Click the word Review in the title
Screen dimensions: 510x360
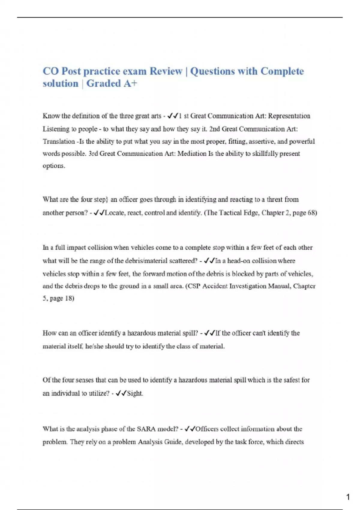pyautogui.click(x=166, y=71)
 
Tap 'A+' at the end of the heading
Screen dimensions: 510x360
pyautogui.click(x=130, y=83)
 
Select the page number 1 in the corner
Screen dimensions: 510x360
pyautogui.click(x=348, y=497)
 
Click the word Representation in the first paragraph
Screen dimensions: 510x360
pyautogui.click(x=289, y=116)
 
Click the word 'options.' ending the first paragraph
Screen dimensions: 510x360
pyautogui.click(x=54, y=166)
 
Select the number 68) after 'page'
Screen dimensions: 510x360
pyautogui.click(x=312, y=213)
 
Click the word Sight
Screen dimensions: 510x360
pyautogui.click(x=135, y=393)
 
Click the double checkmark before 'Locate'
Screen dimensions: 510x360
pyautogui.click(x=99, y=213)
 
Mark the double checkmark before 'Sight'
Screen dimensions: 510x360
pyautogui.click(x=121, y=393)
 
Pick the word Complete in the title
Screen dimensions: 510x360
pyautogui.click(x=282, y=71)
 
